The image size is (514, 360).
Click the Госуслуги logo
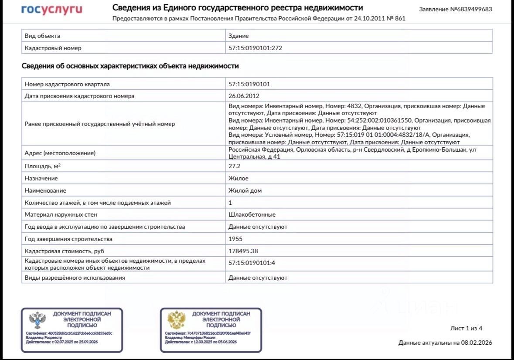52,10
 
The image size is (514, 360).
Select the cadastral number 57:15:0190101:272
255,48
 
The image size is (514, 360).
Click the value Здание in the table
238,36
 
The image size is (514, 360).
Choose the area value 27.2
235,166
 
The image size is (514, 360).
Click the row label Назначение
41,178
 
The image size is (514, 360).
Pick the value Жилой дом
245,190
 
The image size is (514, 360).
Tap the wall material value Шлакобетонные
252,214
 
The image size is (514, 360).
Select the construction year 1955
235,239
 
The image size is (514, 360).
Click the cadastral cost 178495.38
243,251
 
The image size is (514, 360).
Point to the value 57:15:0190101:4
252,263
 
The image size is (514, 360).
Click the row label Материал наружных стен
61,214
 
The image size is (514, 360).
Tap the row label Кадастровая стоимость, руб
65,251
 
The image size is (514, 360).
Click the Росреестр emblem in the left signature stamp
37,320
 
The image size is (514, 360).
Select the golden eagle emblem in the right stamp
177,320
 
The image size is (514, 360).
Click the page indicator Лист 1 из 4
466,328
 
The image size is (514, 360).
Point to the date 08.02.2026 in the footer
477,343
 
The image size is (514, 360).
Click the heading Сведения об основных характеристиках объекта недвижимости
130,66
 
